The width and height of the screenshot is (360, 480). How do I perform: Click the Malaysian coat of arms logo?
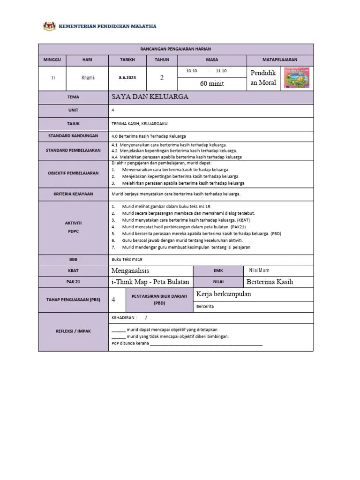48,26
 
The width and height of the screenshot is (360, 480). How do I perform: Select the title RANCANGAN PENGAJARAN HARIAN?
176,49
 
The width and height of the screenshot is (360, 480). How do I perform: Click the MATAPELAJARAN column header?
280,60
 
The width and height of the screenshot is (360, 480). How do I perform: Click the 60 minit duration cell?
212,83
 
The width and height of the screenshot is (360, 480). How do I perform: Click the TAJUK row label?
73,124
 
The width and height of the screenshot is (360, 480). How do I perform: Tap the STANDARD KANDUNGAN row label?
73,136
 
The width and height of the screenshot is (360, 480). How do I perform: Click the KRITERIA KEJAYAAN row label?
73,194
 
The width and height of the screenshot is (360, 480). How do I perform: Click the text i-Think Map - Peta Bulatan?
150,282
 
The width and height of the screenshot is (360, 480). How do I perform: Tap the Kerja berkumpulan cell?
224,294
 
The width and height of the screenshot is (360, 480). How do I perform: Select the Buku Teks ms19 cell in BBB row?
127,258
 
